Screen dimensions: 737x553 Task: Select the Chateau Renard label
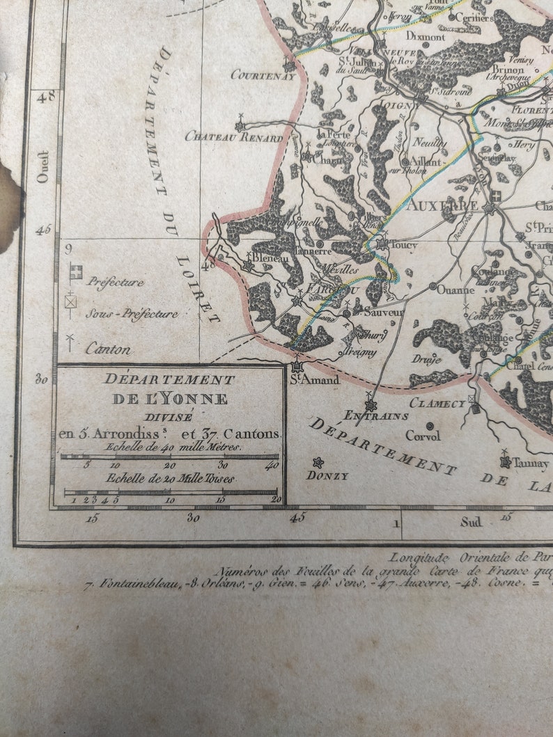(233, 137)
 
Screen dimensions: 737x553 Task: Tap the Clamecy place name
(437, 403)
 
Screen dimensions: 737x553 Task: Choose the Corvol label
(423, 436)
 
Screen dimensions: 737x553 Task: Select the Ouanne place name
(455, 290)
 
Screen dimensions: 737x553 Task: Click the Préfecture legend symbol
(75, 273)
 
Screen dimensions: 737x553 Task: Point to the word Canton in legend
(108, 349)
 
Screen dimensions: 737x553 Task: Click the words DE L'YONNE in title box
(170, 399)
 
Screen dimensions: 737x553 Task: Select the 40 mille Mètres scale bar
(169, 457)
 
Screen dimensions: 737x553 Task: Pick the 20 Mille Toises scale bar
(169, 491)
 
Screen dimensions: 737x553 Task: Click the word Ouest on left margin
(42, 166)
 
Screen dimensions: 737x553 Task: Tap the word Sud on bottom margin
(471, 521)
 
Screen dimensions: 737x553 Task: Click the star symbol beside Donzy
(318, 463)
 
